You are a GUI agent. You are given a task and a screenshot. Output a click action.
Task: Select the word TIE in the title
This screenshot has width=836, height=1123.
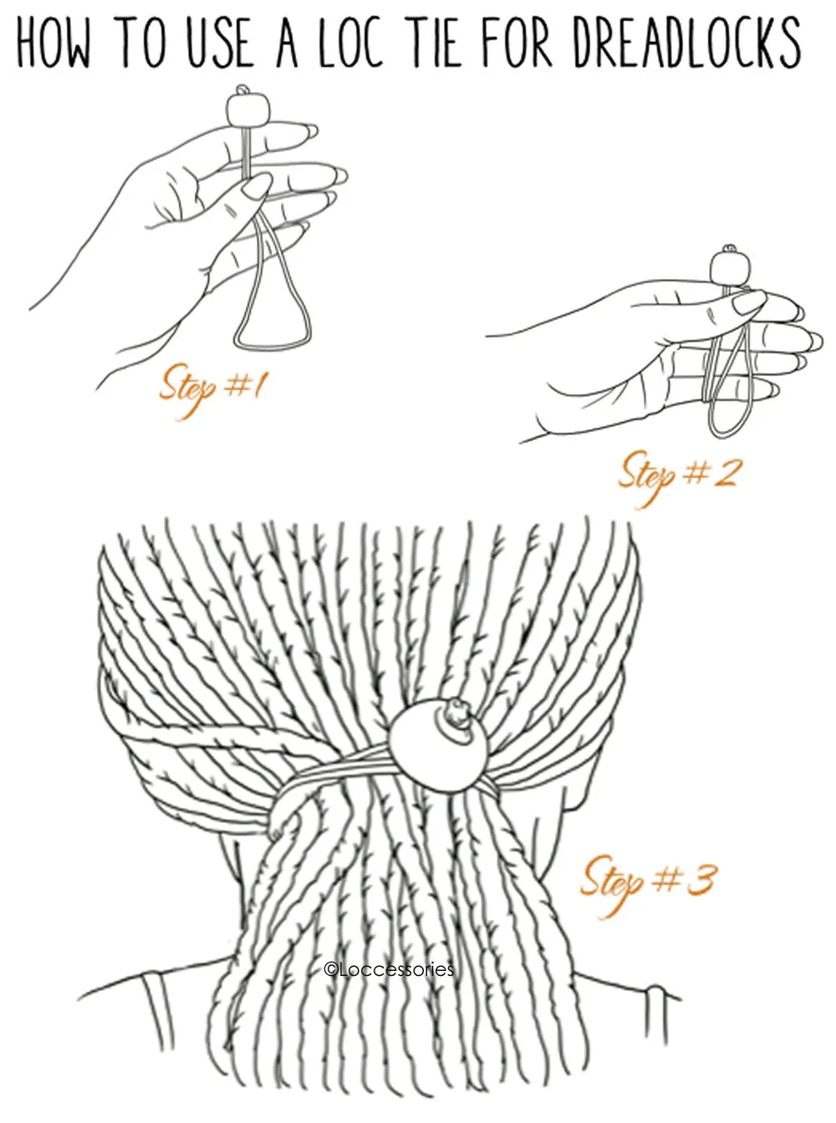coord(433,43)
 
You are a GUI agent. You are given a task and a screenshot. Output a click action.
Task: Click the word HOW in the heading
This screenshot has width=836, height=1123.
coord(54,43)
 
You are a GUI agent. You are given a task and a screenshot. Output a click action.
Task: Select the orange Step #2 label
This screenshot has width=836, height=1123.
coord(676,477)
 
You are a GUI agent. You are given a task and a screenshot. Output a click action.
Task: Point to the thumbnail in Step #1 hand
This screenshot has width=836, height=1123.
coord(257,185)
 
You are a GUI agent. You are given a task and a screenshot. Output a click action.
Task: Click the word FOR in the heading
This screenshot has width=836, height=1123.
coord(517,43)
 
